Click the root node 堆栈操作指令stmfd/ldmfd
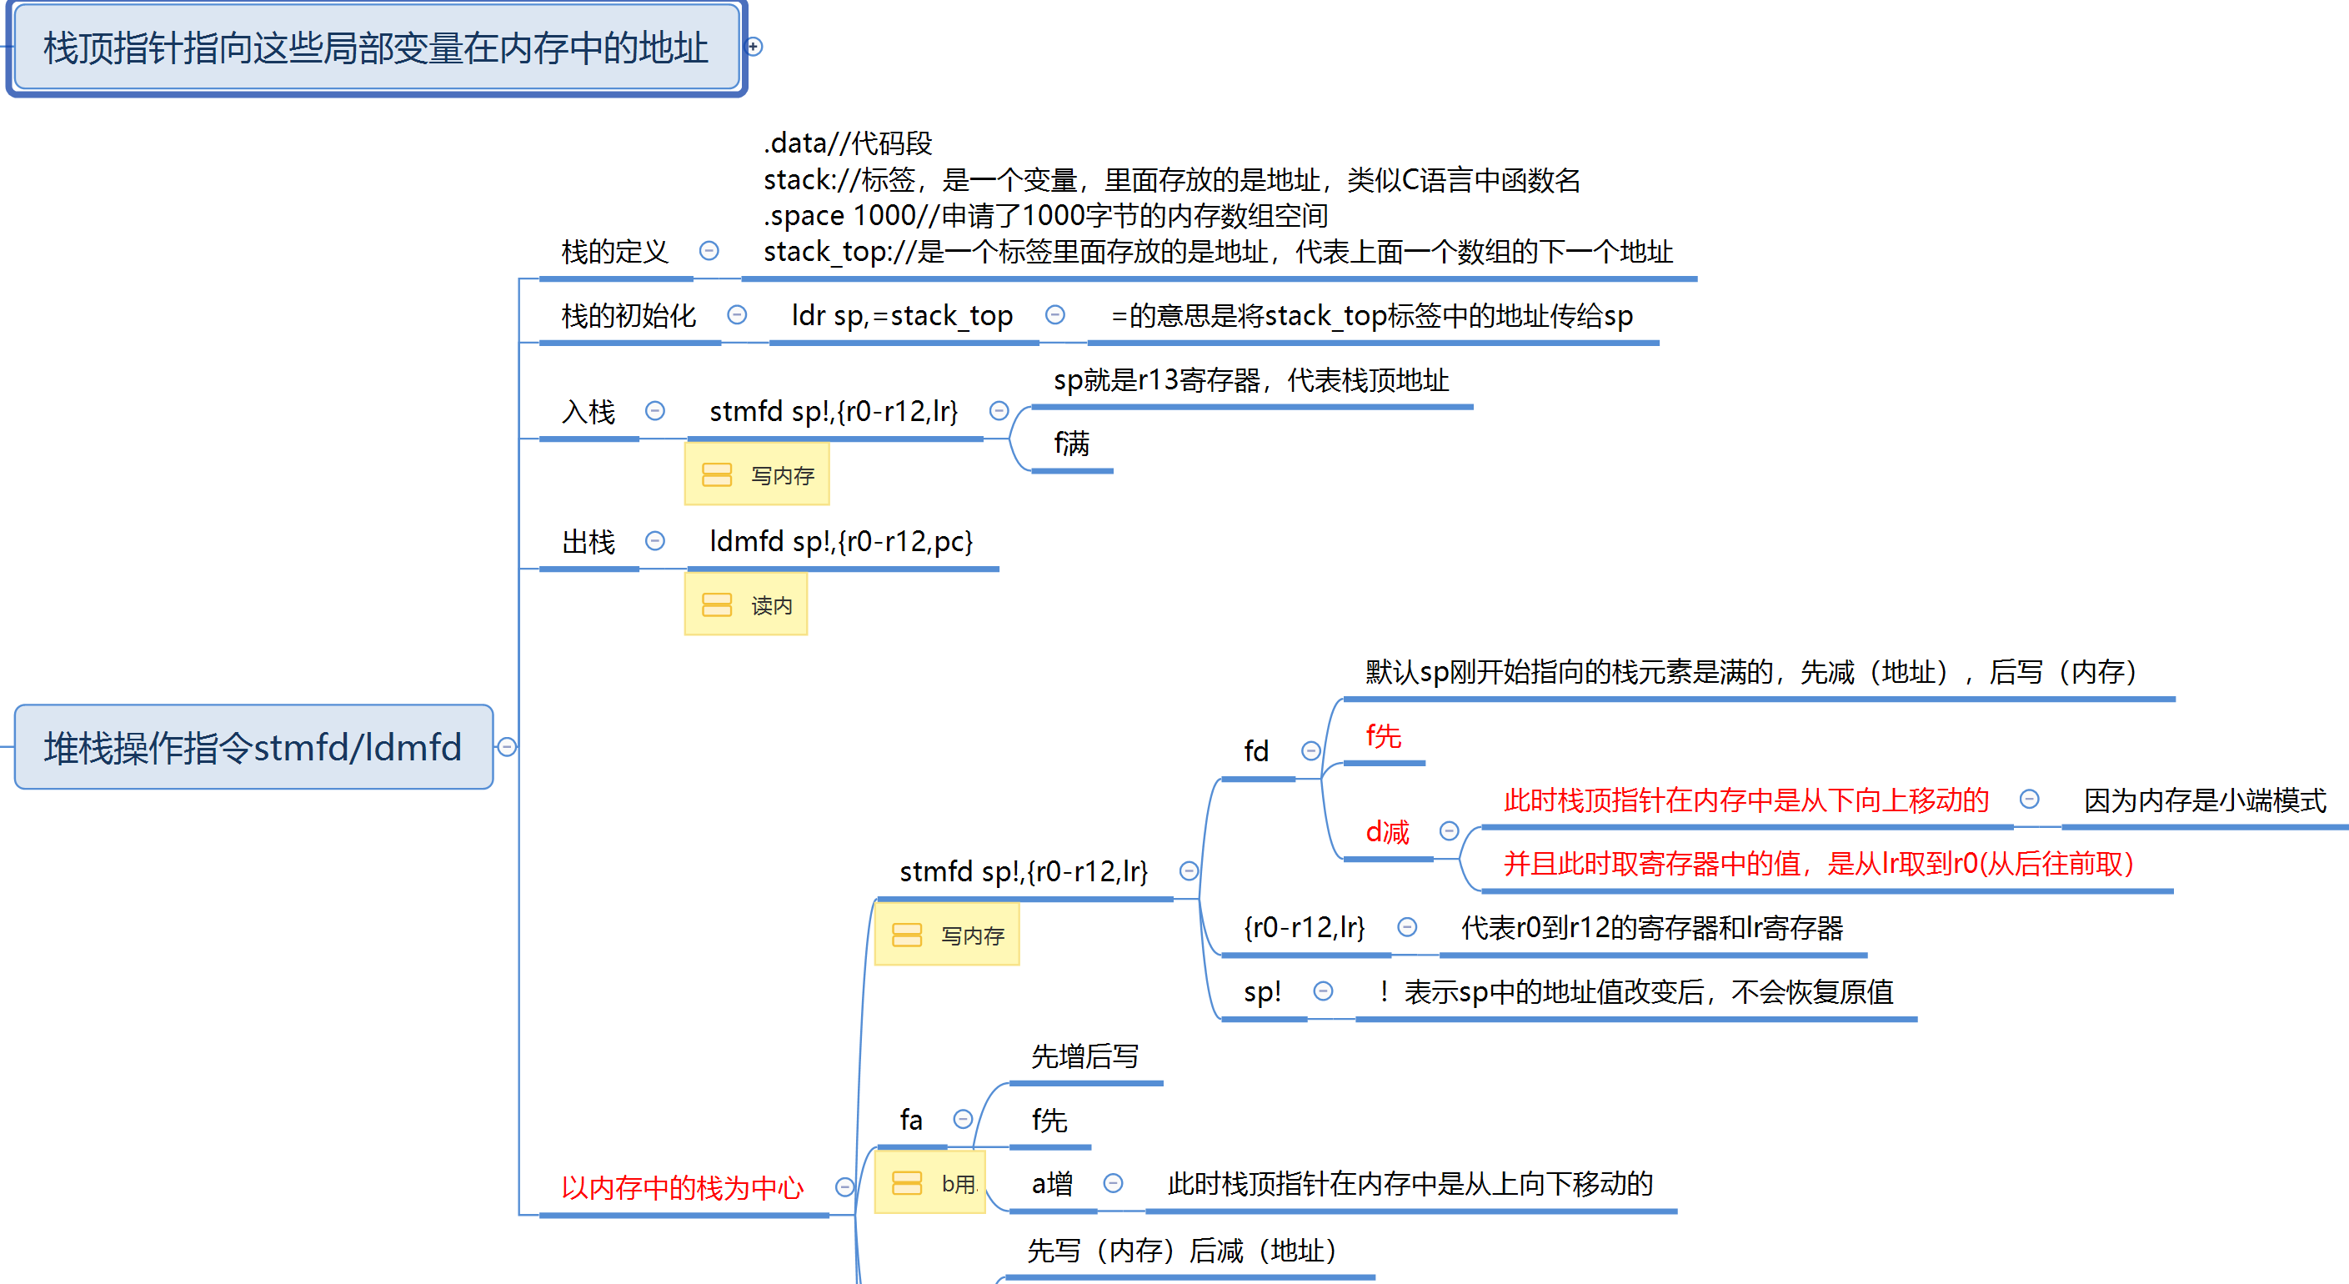[x=253, y=747]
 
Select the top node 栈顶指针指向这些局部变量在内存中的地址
[x=376, y=48]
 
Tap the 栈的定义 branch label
[x=614, y=251]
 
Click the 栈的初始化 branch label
[x=629, y=315]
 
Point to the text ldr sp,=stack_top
[x=902, y=315]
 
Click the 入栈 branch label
[x=589, y=411]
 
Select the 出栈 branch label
[x=589, y=542]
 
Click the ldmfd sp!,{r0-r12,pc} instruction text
[x=841, y=542]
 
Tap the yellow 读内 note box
[x=746, y=604]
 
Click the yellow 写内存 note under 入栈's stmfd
[x=757, y=475]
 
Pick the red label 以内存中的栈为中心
[x=682, y=1187]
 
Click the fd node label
[x=1255, y=751]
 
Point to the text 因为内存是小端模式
[x=2204, y=800]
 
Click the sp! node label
[x=1262, y=992]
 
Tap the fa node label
[x=911, y=1120]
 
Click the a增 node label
[x=1051, y=1184]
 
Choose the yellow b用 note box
[x=930, y=1184]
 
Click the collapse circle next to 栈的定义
[x=709, y=251]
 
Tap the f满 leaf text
[x=1071, y=444]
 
